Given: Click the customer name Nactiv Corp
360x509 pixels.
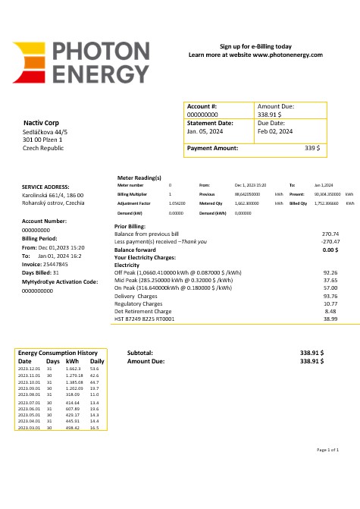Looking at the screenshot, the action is point(42,123).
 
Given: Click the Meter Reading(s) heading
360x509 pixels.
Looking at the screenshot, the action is point(139,178).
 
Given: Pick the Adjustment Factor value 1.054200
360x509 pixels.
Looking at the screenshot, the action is point(177,204).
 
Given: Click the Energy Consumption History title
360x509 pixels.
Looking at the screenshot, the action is point(58,353).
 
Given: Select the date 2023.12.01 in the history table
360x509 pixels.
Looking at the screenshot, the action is point(29,369).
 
